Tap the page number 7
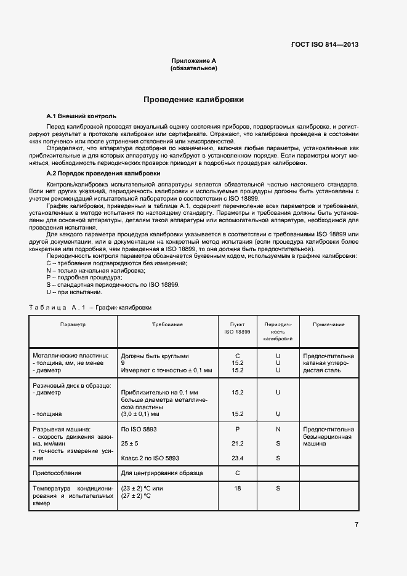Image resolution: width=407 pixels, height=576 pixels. pos(357,524)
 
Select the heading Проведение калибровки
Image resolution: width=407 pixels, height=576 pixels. pos(194,99)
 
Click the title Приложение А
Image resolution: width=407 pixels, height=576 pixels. pos(194,61)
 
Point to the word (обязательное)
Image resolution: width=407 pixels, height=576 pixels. pos(194,68)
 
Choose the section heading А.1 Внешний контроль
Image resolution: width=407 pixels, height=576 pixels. pos(81,116)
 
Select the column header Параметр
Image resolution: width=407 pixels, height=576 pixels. pos(73,324)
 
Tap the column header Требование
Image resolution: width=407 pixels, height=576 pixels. pos(167,324)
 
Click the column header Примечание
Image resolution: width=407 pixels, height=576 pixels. pos(328,324)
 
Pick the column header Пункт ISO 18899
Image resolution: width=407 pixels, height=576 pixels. pos(237,328)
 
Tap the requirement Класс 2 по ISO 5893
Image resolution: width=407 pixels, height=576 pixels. pos(150,458)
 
